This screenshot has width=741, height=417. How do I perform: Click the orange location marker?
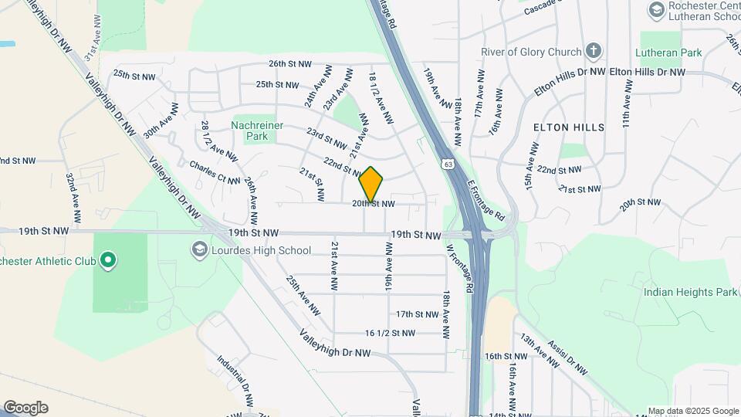tap(371, 185)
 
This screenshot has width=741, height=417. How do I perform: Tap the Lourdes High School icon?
tap(200, 249)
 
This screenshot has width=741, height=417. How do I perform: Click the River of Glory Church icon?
tap(593, 52)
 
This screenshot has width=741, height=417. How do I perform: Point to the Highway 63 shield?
tap(448, 164)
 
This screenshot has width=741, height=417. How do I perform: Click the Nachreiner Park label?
tap(258, 131)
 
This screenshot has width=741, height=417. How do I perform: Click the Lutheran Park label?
tap(668, 53)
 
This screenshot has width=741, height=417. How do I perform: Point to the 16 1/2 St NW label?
tap(390, 334)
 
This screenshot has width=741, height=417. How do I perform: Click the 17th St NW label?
tap(417, 314)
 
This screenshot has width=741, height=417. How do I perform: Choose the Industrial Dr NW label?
tap(235, 381)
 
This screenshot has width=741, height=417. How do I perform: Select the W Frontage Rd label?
tap(459, 268)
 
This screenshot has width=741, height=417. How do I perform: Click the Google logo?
tap(25, 408)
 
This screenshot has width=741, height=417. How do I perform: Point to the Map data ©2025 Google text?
tap(692, 411)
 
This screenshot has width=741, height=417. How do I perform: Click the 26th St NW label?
tap(290, 64)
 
